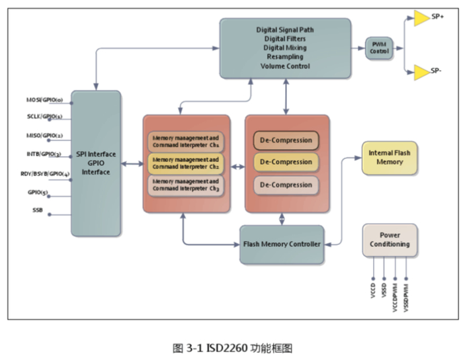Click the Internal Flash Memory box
coord(389,157)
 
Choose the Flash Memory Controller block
coord(282,244)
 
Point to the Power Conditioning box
coord(390,240)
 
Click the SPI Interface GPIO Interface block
coord(96,163)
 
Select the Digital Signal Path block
coord(285,48)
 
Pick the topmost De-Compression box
coord(286,140)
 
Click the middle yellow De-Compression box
coord(286,162)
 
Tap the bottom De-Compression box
coord(286,185)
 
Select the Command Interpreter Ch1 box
coord(186,141)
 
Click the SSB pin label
coord(38,210)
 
